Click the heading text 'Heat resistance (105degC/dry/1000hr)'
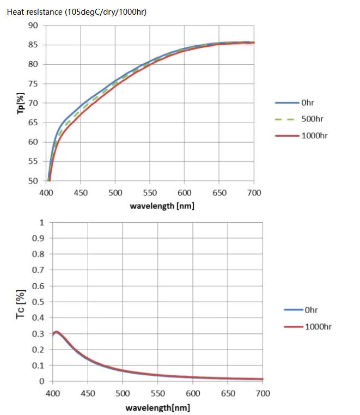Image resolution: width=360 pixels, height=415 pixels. coord(76,11)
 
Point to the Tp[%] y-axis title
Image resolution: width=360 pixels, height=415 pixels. coord(21,103)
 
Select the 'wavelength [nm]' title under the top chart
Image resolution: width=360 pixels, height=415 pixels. coord(162,206)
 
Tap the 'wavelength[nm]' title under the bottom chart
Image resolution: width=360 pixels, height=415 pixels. coord(157,407)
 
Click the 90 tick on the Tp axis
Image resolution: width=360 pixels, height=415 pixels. coord(33,26)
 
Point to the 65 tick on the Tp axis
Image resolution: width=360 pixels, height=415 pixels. coord(33,123)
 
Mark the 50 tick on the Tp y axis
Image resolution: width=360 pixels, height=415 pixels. coord(33,181)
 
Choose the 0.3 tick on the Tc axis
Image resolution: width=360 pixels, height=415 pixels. coord(38,333)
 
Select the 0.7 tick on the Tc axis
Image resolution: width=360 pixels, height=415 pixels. coord(38,270)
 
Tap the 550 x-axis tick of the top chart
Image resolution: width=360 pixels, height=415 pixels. coord(150,193)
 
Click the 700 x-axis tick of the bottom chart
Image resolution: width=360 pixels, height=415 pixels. coord(263,393)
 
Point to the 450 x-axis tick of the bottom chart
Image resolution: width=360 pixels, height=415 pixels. coord(87,393)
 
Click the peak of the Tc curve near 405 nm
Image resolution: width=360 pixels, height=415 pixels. coord(56,332)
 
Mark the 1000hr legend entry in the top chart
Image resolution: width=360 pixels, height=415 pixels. coord(313,136)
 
